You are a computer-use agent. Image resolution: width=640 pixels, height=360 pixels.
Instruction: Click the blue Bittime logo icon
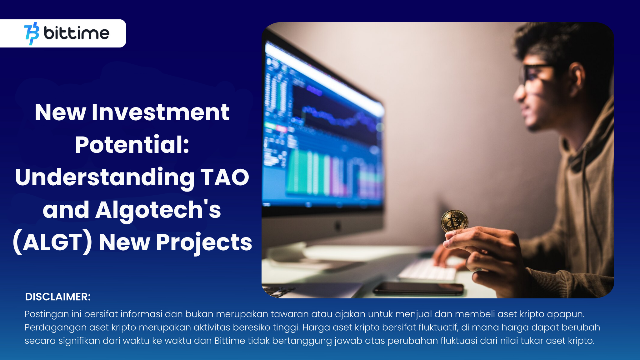[32, 33]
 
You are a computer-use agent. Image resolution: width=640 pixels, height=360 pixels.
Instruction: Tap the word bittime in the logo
[77, 33]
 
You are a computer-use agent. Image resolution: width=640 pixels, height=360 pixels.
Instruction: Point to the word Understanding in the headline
[105, 178]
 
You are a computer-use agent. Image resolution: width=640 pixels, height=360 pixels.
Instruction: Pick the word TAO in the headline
[225, 177]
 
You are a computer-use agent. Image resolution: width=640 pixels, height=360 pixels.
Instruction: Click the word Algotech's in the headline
[158, 210]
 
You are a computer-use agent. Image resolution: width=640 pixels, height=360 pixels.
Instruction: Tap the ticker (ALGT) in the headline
[52, 242]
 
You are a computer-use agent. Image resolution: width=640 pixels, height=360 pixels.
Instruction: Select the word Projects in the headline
[204, 243]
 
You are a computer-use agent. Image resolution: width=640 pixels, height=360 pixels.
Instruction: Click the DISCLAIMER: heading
[58, 297]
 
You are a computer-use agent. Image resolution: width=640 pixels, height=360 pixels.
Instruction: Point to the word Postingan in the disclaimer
[47, 314]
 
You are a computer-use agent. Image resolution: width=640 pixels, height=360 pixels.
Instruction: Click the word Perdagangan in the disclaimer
[56, 328]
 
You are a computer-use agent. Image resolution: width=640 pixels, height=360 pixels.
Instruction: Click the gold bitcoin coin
[454, 221]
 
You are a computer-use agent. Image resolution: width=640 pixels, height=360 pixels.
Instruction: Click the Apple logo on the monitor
[337, 226]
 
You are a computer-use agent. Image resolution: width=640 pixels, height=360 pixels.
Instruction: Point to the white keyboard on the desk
[428, 270]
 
